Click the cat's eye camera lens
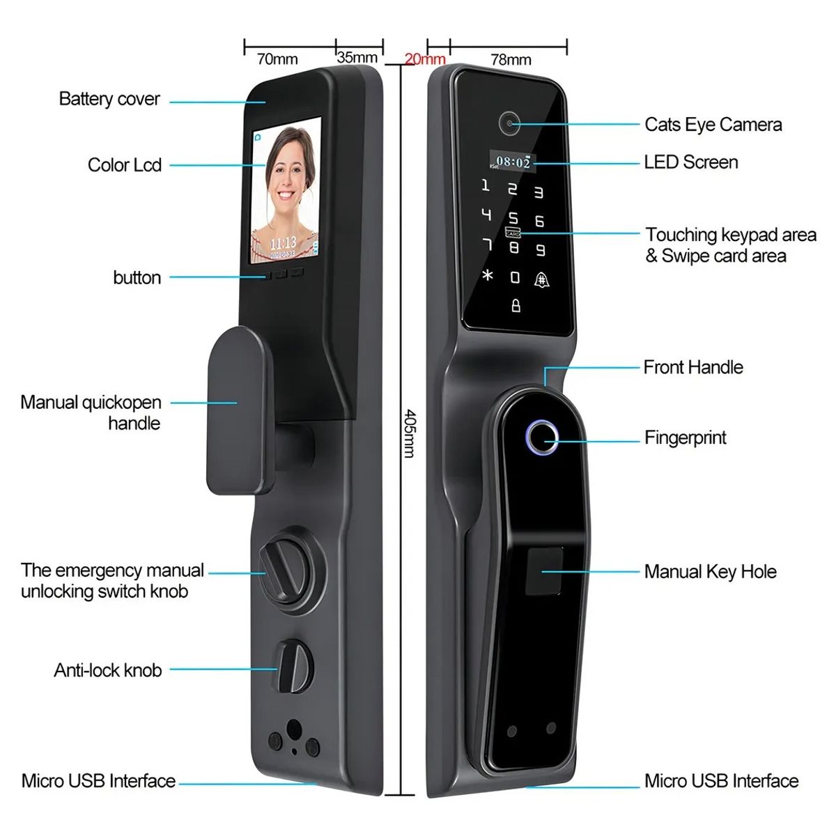[x=509, y=123]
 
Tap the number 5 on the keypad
[x=513, y=218]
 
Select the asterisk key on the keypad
[x=488, y=274]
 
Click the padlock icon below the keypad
[x=516, y=305]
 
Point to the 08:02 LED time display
[x=512, y=162]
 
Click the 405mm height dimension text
[x=410, y=433]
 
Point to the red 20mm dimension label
[x=425, y=59]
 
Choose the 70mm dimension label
[x=278, y=59]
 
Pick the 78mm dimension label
[x=511, y=59]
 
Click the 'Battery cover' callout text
[x=110, y=99]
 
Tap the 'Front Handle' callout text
[x=693, y=367]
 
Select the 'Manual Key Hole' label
[x=710, y=572]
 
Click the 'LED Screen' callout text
[x=691, y=162]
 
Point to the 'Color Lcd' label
[x=125, y=165]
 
